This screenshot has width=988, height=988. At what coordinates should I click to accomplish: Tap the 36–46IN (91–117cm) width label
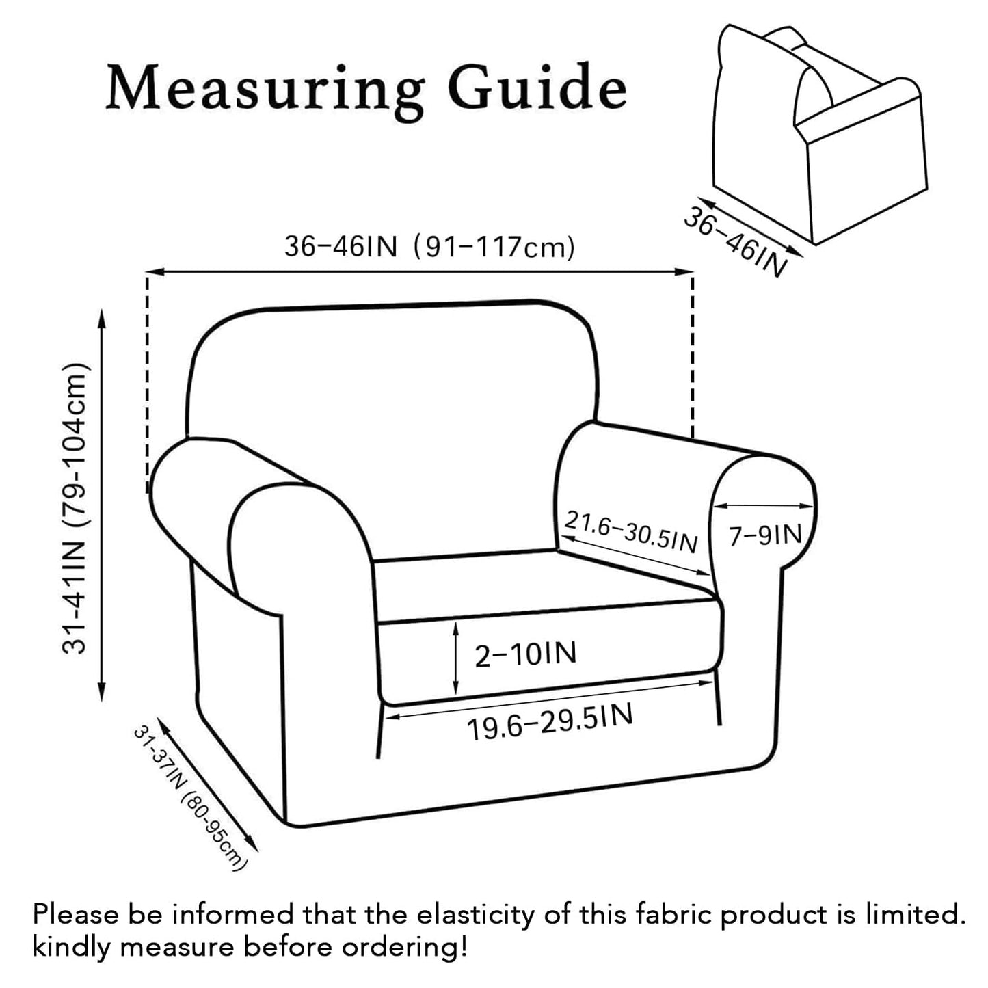429,247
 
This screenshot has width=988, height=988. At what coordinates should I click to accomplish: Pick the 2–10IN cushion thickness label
526,654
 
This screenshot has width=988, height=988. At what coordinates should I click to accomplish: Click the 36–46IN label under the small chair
735,241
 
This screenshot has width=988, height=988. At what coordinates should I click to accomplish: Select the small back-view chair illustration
819,133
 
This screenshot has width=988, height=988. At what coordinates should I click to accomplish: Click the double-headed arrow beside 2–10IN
455,659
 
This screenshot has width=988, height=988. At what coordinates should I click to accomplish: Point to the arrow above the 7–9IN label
764,506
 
